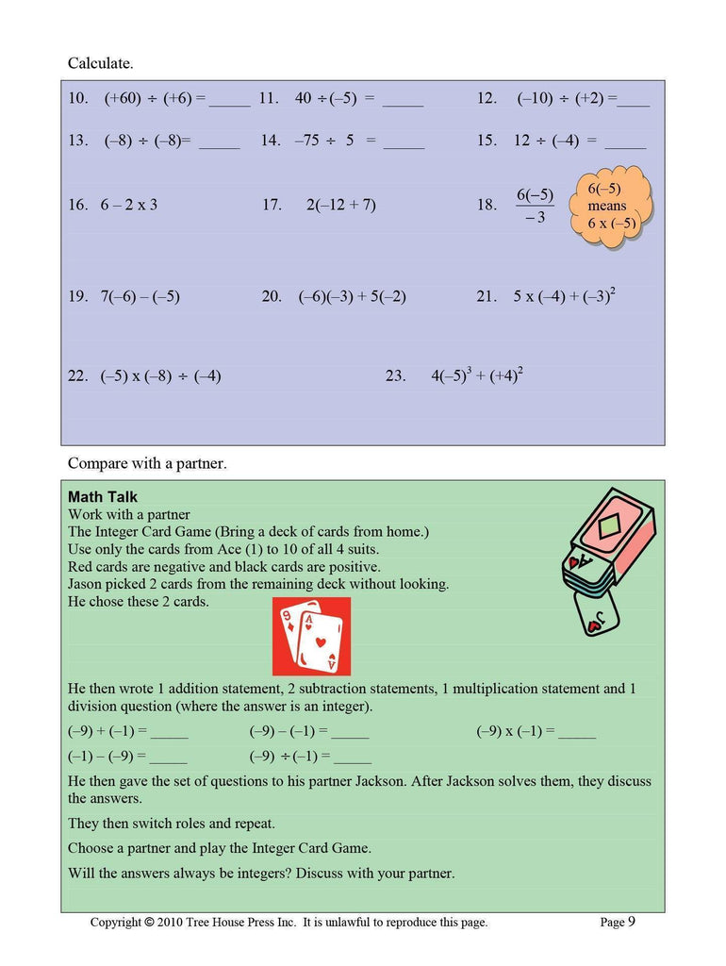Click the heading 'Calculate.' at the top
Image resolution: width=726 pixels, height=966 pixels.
click(100, 64)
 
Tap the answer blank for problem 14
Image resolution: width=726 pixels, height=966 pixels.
click(404, 142)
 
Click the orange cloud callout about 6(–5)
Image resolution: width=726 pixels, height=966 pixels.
click(612, 207)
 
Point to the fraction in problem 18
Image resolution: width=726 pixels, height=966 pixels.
click(535, 207)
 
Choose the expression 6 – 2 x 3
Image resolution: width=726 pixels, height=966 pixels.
click(128, 205)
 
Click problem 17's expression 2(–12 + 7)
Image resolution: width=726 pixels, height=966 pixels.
click(340, 205)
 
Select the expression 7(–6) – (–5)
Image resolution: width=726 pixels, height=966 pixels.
click(140, 296)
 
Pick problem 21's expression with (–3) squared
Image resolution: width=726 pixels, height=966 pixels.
click(564, 295)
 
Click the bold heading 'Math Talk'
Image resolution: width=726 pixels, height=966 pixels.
click(103, 497)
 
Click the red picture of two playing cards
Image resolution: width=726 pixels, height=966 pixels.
click(310, 636)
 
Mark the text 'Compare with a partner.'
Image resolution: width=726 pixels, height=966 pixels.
click(147, 464)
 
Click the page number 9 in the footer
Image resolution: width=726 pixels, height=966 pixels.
click(631, 922)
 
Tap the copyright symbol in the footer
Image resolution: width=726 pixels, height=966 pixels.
click(149, 923)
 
